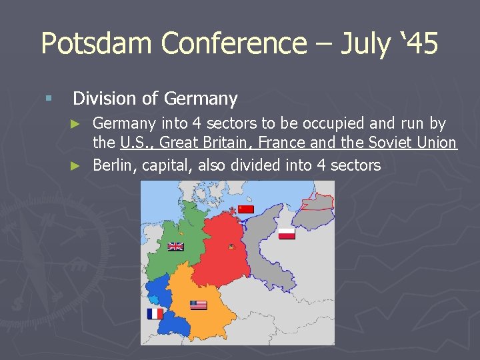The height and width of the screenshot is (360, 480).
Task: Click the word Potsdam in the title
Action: click(97, 43)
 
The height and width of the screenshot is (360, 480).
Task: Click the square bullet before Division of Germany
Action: click(47, 99)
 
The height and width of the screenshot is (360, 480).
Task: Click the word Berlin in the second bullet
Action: click(114, 165)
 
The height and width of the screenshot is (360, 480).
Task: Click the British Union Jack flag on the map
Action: click(175, 246)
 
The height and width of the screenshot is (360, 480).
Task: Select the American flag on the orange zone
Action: click(198, 305)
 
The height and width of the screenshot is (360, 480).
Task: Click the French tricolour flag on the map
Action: click(155, 313)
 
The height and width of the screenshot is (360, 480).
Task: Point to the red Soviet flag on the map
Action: click(246, 209)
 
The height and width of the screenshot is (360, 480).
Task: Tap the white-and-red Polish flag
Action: click(287, 233)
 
